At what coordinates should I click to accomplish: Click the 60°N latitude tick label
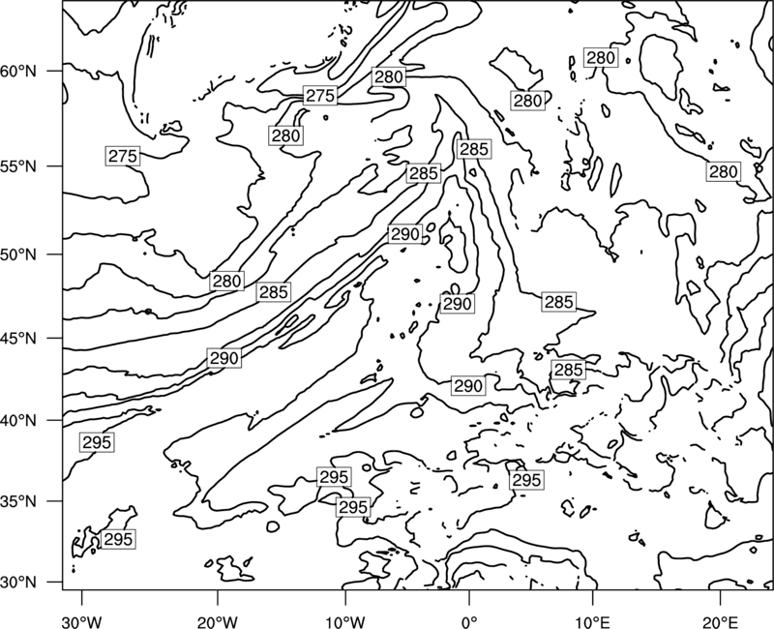18,72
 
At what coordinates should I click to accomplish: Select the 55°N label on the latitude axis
18,166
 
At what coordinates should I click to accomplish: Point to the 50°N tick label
18,255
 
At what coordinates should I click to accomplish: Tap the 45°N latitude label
18,338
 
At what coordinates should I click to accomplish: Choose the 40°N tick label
18,421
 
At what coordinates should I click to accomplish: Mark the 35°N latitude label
18,501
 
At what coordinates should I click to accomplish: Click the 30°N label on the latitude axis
18,583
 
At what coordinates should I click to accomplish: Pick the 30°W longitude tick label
82,621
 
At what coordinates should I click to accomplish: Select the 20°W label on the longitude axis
217,621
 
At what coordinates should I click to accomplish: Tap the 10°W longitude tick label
344,621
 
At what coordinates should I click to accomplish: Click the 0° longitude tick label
469,621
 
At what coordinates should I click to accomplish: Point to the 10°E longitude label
592,621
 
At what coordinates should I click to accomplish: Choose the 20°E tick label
720,621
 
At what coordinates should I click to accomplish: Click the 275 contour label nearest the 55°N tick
123,156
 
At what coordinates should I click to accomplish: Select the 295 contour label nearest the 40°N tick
97,442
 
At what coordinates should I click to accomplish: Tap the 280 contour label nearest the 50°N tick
226,281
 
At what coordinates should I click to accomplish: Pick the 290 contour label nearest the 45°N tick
224,357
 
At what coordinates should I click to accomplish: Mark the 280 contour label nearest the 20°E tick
723,171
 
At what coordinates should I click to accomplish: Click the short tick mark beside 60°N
55,71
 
